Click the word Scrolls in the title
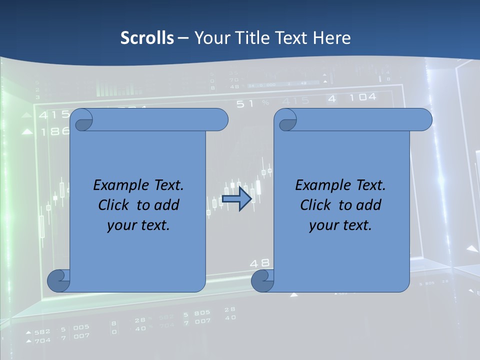pyautogui.click(x=147, y=38)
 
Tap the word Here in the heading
pyautogui.click(x=331, y=38)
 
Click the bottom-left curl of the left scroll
pyautogui.click(x=58, y=280)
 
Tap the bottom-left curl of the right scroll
pyautogui.click(x=262, y=280)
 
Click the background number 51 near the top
pyautogui.click(x=245, y=103)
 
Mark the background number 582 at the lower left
pyautogui.click(x=42, y=331)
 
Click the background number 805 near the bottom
pyautogui.click(x=202, y=313)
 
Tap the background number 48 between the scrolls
pyautogui.click(x=259, y=262)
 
